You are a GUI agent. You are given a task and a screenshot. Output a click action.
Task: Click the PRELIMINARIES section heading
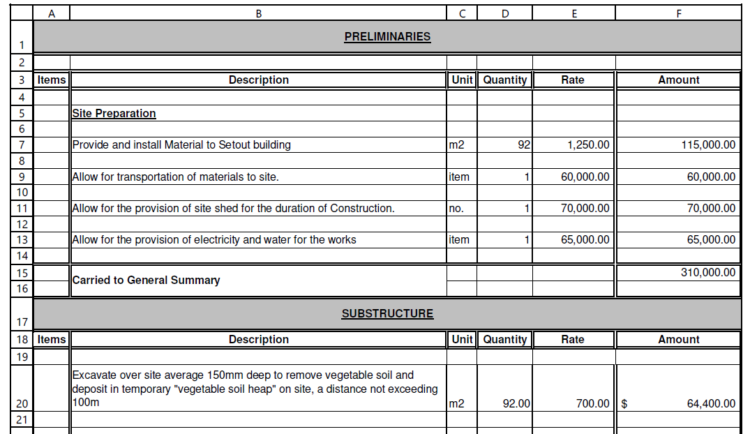(387, 37)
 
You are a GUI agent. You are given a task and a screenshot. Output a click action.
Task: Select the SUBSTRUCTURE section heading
(387, 314)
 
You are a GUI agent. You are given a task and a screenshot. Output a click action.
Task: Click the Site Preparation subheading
(114, 114)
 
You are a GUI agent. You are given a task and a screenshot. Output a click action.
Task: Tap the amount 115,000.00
(708, 145)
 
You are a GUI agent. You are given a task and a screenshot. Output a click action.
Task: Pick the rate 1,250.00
(585, 145)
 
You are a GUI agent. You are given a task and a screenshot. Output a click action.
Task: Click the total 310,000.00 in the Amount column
(708, 273)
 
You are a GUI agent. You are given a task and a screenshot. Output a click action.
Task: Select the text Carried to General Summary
(146, 280)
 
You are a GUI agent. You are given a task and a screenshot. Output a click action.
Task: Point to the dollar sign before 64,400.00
(624, 403)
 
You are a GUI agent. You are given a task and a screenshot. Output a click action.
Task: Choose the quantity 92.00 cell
(517, 403)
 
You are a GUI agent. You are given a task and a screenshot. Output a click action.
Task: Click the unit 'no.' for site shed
(456, 209)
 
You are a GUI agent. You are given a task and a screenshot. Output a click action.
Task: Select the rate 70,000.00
(585, 209)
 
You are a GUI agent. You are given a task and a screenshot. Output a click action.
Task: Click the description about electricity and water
(214, 240)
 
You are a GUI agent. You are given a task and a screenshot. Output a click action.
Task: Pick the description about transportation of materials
(176, 177)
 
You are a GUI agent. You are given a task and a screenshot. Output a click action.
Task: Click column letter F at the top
(678, 13)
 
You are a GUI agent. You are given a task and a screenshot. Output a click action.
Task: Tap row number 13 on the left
(22, 240)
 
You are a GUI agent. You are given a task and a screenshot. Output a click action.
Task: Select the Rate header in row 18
(573, 340)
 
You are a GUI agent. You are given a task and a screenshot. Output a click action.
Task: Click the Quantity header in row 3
(505, 80)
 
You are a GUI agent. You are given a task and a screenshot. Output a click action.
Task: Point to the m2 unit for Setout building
(456, 145)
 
